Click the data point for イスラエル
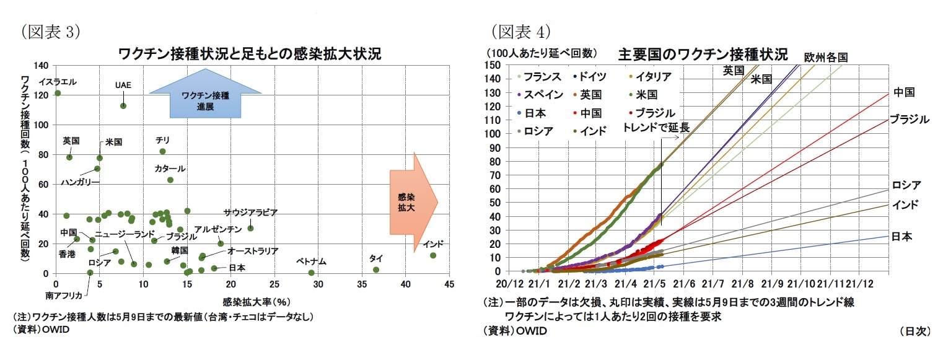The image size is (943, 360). point(58,93)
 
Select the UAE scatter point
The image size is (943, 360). point(123,105)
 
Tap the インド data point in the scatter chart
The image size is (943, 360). point(433,255)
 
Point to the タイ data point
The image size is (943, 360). point(376,270)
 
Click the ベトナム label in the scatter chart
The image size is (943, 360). point(311,262)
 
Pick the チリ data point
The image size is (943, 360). point(163,151)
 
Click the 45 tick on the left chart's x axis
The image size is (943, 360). point(449,284)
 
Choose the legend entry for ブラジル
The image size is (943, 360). point(652,113)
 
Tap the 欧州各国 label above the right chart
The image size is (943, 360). point(825,57)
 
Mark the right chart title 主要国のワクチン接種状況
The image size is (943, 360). point(702,55)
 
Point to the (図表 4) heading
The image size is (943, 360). point(520,31)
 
